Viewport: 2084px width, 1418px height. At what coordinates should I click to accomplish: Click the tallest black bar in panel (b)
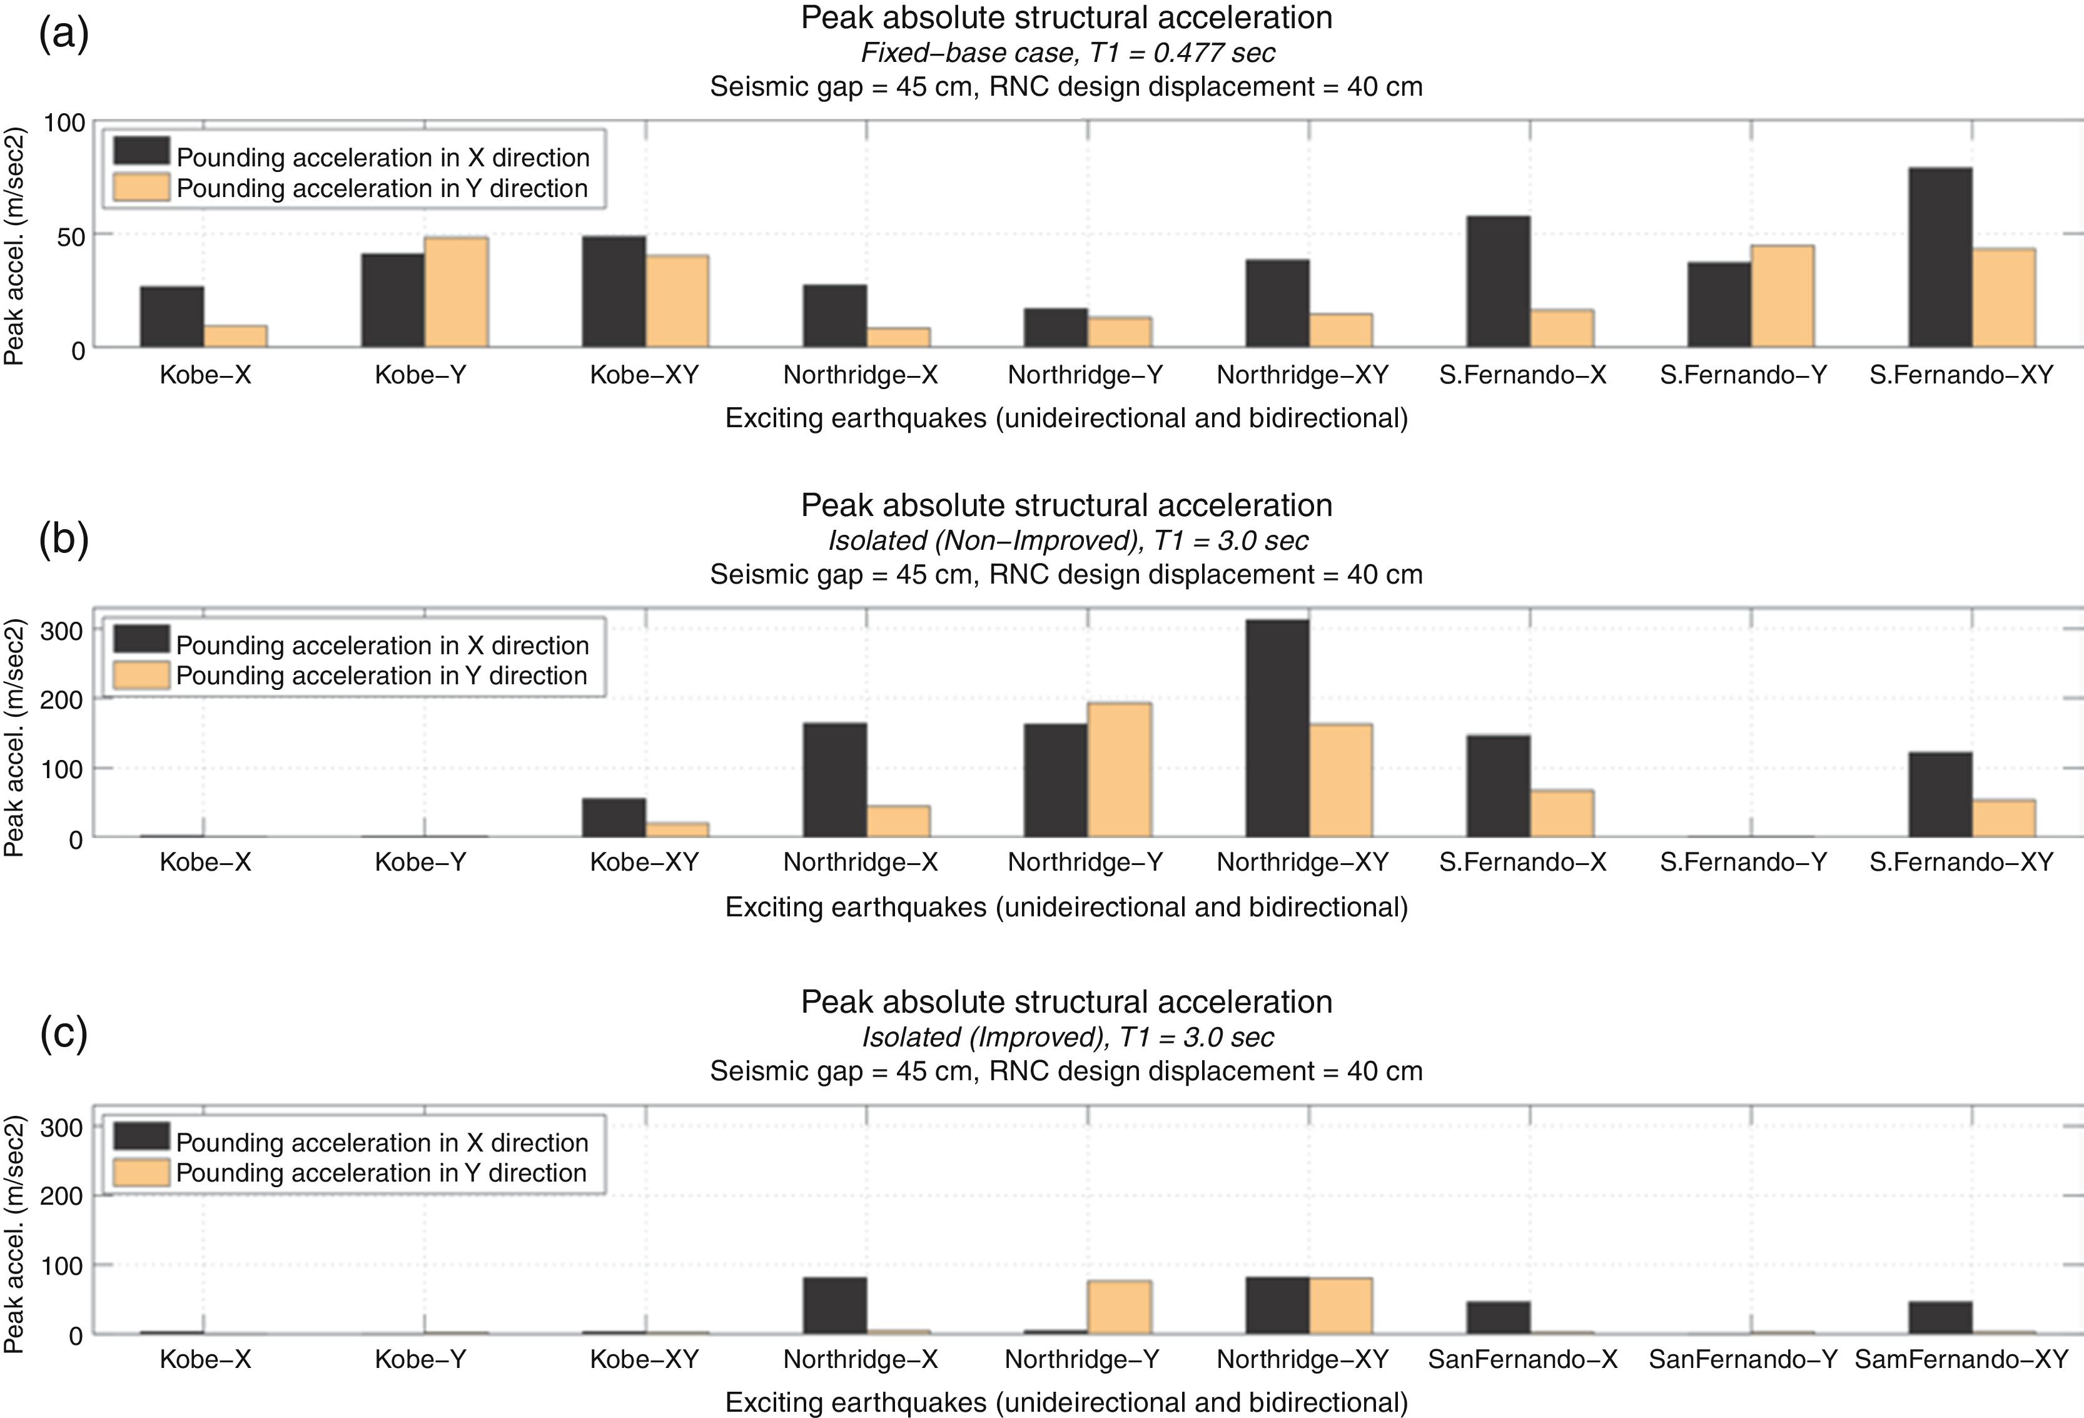[x=1277, y=727]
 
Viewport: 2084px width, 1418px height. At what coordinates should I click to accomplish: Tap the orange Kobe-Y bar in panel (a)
[x=457, y=292]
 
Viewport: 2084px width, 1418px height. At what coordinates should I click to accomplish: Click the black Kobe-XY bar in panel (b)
[x=614, y=817]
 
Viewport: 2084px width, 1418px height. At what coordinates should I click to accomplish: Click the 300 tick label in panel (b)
[x=63, y=631]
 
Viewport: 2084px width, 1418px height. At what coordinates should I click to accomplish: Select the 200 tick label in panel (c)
[x=63, y=1195]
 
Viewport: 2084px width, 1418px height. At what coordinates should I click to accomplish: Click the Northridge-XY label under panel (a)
[x=1302, y=375]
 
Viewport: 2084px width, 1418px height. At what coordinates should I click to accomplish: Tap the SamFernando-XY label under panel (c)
[x=1961, y=1360]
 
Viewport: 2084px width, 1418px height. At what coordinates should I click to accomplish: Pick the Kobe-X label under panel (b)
[x=205, y=863]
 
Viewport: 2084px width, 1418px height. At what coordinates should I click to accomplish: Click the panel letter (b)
[x=64, y=540]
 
